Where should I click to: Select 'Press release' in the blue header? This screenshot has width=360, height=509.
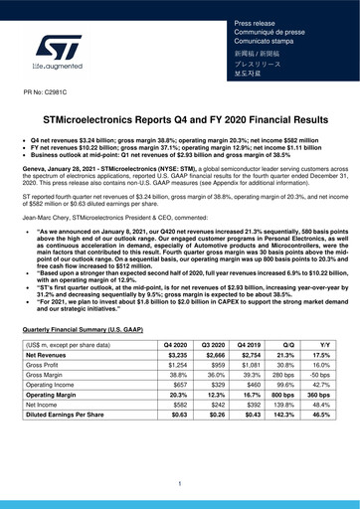(254, 21)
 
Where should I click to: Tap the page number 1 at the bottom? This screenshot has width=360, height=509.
(180, 484)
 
